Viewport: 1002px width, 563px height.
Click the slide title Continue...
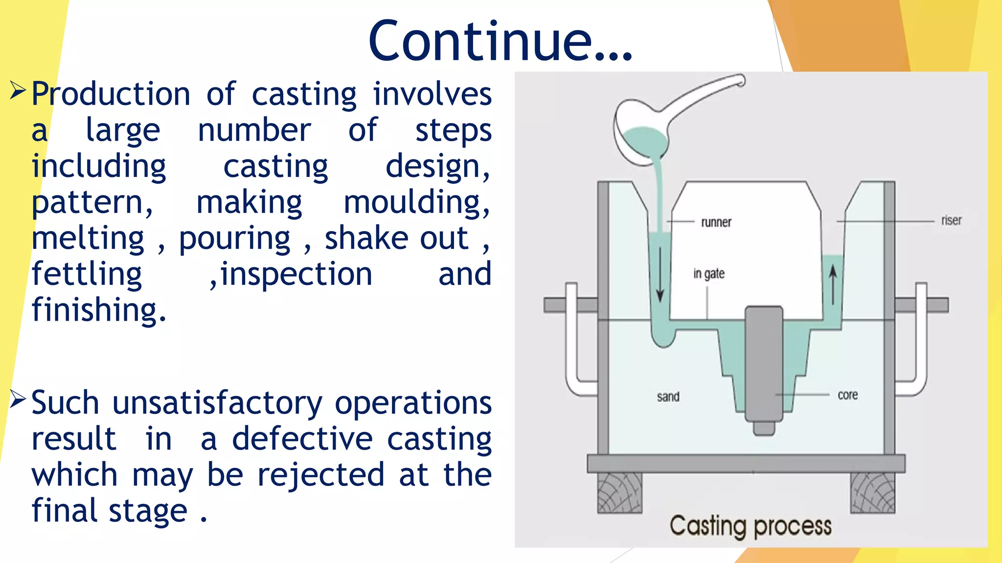click(500, 41)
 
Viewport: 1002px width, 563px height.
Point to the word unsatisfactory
click(217, 404)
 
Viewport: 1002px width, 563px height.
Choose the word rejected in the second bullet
click(320, 475)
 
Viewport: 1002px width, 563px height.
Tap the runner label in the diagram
click(716, 222)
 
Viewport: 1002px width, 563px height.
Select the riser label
click(951, 220)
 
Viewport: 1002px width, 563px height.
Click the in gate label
click(708, 274)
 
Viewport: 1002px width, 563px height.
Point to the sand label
click(668, 396)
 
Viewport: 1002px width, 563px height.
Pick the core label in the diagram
click(847, 395)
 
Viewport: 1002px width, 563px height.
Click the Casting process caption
click(751, 526)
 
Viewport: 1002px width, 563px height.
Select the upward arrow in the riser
click(833, 284)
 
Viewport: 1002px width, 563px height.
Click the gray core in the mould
click(764, 364)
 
